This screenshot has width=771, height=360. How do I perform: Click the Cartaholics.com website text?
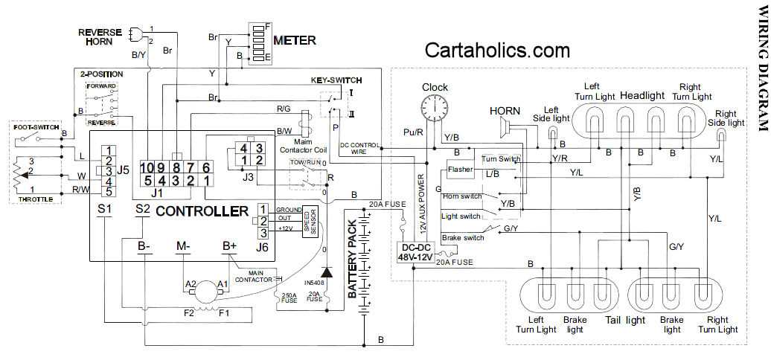508,50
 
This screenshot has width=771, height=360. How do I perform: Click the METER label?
294,40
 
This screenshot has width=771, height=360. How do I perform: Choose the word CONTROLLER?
202,211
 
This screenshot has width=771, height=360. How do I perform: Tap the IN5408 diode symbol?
325,274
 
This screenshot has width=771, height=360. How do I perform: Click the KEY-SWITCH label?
336,80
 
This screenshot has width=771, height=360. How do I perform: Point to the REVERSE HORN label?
99,36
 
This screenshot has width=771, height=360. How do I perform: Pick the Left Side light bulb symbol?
551,132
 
